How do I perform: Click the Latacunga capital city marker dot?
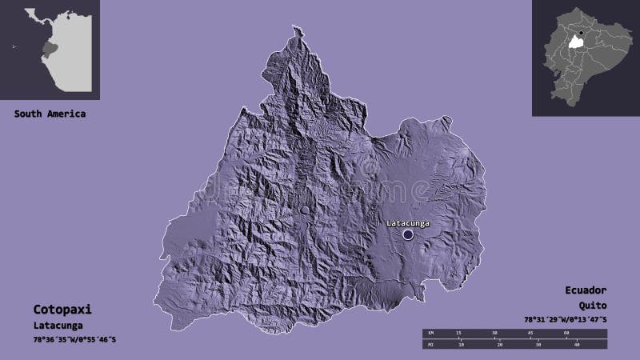(408, 234)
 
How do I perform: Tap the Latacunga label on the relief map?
(408, 222)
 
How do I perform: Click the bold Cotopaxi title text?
(57, 308)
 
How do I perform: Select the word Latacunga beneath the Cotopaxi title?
(57, 326)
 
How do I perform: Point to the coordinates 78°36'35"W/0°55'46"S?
(75, 341)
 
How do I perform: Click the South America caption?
(50, 114)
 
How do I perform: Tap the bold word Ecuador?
(584, 290)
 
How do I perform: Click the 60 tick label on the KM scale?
(566, 332)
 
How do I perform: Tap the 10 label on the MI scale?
(461, 346)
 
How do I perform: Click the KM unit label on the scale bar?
(430, 332)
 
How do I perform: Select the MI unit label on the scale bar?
(430, 346)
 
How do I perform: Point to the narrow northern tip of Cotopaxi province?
(298, 32)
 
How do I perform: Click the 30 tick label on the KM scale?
(495, 332)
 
